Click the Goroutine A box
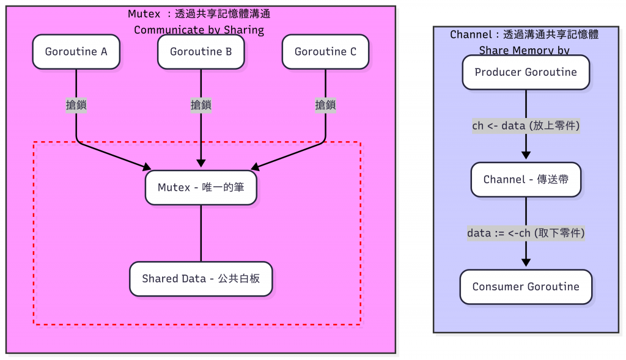[x=76, y=51]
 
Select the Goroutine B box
[x=201, y=51]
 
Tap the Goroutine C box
[x=325, y=51]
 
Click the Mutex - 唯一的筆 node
[x=201, y=187]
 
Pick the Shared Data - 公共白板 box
[x=201, y=279]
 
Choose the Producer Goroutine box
[x=526, y=72]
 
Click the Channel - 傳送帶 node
[x=526, y=179]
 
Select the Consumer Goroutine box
[x=526, y=287]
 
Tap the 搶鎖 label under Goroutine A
[x=76, y=105]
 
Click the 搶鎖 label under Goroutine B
[x=201, y=105]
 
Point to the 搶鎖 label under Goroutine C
[x=325, y=105]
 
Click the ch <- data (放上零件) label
[x=526, y=126]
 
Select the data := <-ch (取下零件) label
[x=526, y=233]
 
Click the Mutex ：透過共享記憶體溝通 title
[x=199, y=14]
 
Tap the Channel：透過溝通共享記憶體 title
[x=524, y=35]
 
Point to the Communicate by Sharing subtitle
[x=199, y=30]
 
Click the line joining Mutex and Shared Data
[x=201, y=233]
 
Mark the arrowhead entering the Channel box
[x=526, y=156]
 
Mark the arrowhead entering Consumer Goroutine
[x=526, y=263]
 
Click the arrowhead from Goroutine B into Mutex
[x=201, y=164]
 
